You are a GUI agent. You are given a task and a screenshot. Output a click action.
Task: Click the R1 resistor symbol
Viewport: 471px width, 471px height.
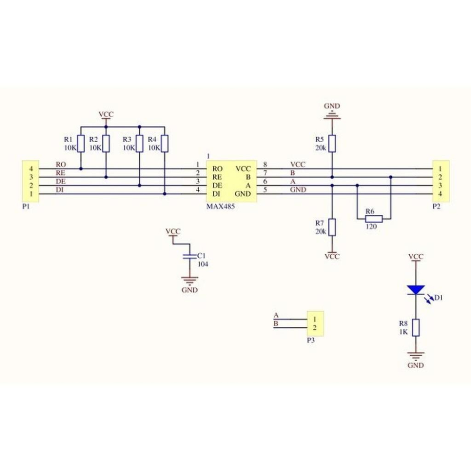(81, 144)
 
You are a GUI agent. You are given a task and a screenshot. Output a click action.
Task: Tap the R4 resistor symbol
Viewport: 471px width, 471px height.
(164, 144)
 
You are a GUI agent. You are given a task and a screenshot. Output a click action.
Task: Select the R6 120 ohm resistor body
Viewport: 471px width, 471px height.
(374, 219)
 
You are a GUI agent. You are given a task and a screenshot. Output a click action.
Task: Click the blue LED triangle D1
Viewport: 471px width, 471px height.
(416, 290)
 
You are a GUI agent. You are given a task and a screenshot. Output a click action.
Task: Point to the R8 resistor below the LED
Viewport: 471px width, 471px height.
(416, 327)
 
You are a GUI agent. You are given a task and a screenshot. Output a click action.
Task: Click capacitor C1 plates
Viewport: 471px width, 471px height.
(189, 256)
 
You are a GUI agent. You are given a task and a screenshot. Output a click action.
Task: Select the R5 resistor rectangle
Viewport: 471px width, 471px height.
(332, 144)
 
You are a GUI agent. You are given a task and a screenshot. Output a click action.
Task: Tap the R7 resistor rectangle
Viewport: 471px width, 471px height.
(332, 227)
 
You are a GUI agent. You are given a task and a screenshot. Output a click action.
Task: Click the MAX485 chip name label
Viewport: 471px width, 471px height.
(220, 207)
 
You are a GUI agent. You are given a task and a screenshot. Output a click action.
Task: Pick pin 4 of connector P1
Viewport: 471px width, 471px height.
(31, 169)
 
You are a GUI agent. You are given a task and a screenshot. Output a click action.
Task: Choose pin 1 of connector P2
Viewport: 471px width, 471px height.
(440, 169)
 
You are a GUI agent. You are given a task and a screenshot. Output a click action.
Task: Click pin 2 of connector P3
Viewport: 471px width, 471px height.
(315, 327)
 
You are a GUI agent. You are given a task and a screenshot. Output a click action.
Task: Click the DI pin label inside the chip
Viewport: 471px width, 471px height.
(216, 194)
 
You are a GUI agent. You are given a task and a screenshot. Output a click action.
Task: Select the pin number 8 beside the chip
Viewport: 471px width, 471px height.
(265, 164)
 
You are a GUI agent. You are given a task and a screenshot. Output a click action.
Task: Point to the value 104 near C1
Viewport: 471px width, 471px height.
(203, 264)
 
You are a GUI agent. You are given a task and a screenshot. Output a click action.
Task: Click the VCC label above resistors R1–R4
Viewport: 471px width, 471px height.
(106, 114)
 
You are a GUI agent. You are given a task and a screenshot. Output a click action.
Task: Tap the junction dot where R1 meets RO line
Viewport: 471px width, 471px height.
(81, 169)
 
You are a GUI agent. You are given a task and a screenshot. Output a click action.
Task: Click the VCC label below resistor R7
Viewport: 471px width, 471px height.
(332, 257)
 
